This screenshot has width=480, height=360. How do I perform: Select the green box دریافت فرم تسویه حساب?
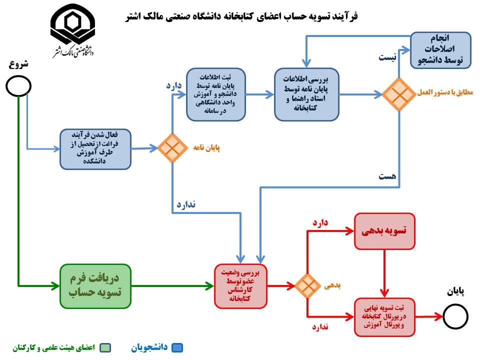click(95, 286)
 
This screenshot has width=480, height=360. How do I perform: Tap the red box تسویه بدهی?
click(384, 231)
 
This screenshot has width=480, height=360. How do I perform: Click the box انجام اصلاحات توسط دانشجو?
click(440, 50)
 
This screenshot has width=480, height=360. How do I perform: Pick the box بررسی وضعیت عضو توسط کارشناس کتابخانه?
click(240, 286)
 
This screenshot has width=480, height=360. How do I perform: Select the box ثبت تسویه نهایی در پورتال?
click(384, 317)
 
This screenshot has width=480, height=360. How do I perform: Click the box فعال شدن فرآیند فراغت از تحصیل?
click(95, 149)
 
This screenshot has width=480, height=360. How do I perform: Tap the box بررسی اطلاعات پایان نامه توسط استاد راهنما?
click(306, 94)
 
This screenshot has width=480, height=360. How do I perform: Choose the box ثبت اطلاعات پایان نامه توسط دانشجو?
click(216, 94)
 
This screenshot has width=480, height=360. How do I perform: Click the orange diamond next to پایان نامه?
click(172, 148)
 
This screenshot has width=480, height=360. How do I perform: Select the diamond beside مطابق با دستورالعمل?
click(399, 94)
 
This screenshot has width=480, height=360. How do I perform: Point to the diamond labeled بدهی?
click(307, 286)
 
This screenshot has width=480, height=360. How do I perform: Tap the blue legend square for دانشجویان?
click(177, 348)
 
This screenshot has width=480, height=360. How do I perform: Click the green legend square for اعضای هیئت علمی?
click(105, 348)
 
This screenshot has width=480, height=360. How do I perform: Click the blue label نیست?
click(387, 57)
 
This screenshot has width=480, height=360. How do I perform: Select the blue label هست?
click(387, 176)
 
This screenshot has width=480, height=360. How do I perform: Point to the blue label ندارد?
click(186, 204)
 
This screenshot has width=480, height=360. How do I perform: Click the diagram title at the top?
click(241, 16)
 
